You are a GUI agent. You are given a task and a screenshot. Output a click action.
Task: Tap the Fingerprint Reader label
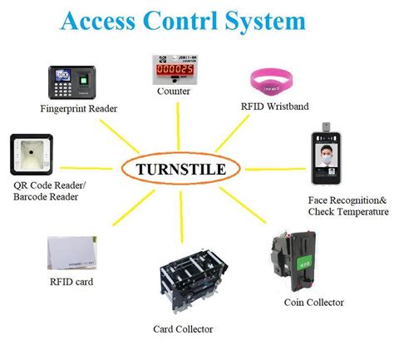click(x=79, y=109)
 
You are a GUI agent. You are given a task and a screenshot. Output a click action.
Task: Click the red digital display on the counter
click(x=177, y=72)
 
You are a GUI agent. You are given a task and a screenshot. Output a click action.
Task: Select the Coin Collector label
click(x=313, y=302)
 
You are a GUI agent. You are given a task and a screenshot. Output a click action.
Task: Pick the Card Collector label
click(x=185, y=329)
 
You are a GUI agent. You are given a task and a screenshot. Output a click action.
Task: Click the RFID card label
click(x=71, y=282)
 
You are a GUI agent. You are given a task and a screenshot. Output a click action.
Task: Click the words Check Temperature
click(x=344, y=212)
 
